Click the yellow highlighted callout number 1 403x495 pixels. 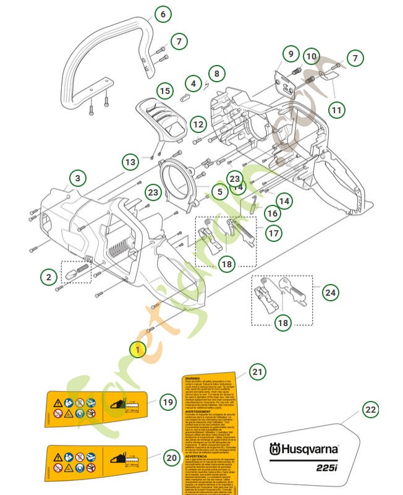click(x=138, y=350)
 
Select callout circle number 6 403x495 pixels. click(x=163, y=14)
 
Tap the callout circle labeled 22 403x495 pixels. click(x=370, y=410)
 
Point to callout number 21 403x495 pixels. click(x=258, y=372)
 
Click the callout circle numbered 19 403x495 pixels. click(x=168, y=402)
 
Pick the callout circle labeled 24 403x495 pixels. click(x=331, y=293)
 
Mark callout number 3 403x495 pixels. click(x=77, y=179)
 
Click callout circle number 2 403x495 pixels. click(x=49, y=277)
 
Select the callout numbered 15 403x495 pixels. click(x=164, y=91)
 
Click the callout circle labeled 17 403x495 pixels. click(x=273, y=233)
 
